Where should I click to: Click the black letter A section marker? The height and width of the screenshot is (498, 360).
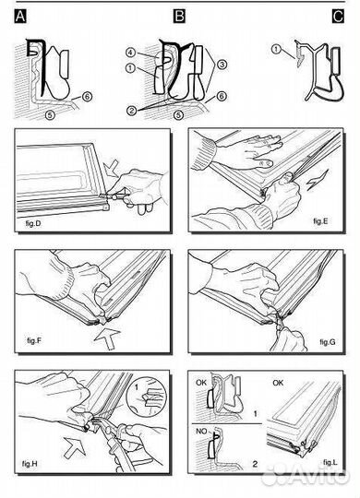coord(20,17)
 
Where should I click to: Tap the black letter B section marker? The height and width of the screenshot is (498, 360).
coord(179,17)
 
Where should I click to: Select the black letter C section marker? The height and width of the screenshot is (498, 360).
coord(338,17)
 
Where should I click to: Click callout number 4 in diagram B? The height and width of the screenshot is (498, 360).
coord(131,53)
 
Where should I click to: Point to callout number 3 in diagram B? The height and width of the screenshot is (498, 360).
coord(222,65)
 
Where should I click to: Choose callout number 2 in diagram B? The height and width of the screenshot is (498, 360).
coord(132,111)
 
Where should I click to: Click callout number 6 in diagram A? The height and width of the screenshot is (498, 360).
coord(87,97)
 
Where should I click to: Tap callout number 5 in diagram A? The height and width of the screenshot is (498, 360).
coord(50,114)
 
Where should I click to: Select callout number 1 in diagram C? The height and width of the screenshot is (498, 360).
coord(276,49)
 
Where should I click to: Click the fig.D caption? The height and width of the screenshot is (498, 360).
coord(33,223)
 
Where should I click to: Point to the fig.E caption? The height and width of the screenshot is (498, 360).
coord(320,221)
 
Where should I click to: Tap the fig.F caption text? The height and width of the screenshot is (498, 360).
coord(34,340)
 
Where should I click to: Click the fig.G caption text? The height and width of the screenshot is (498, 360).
coord(328,342)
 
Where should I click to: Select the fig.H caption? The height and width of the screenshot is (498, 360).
coord(30,464)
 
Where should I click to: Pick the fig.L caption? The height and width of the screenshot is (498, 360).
coord(330,462)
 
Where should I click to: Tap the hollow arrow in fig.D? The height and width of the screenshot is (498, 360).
coord(112,169)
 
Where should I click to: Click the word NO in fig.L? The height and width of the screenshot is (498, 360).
coord(201,432)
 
